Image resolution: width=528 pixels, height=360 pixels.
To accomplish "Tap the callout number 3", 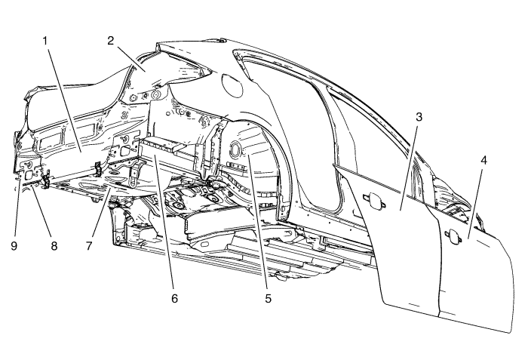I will (419, 119).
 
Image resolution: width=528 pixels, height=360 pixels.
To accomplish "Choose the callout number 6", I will (174, 297).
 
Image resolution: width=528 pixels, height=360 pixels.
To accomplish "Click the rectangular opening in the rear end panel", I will (47, 137).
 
